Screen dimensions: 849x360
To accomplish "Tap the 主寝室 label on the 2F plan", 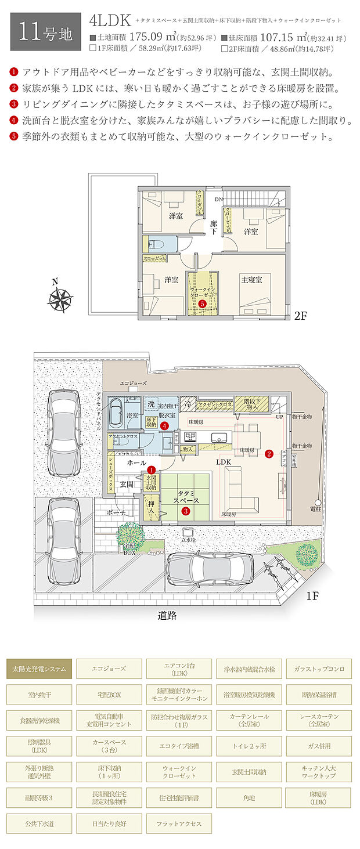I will pyautogui.click(x=252, y=280).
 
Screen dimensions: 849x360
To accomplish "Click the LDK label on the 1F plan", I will pyautogui.click(x=225, y=463).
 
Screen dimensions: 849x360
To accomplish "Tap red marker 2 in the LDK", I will pyautogui.click(x=269, y=454).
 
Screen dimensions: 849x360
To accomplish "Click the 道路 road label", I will pyautogui.click(x=167, y=616).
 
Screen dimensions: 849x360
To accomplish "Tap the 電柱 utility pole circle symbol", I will pyautogui.click(x=318, y=503).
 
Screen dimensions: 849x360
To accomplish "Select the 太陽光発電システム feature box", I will pyautogui.click(x=39, y=669).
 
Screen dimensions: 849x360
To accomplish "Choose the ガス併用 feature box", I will pyautogui.click(x=319, y=746).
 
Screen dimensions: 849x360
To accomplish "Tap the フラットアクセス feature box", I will pyautogui.click(x=179, y=823).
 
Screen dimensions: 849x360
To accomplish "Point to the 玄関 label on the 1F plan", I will pyautogui.click(x=127, y=483).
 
